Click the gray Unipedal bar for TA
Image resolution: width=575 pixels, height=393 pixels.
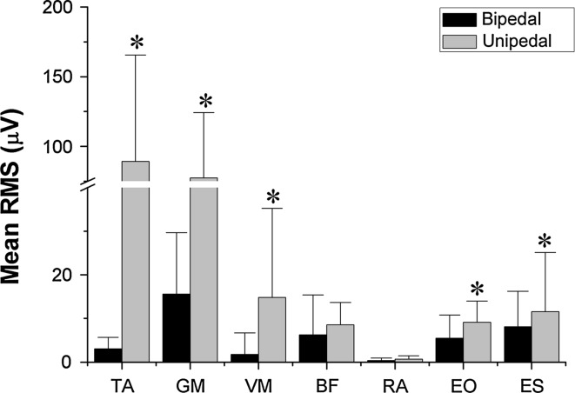[135, 261]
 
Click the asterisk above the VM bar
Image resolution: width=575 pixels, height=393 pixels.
[273, 196]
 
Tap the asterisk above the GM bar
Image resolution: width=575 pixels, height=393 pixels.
[204, 98]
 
